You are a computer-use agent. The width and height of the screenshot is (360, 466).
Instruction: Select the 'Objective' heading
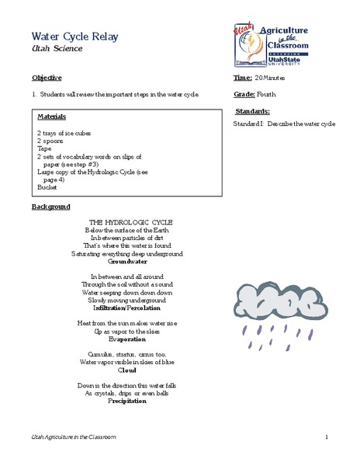(x=47, y=79)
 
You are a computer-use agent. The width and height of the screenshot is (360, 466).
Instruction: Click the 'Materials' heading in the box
(x=51, y=116)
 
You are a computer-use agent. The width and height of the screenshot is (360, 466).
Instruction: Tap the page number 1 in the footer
(x=328, y=437)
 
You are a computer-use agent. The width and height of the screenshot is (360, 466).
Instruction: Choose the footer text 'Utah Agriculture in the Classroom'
(x=71, y=437)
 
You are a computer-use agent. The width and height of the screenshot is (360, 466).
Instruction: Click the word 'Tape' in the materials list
(x=44, y=149)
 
